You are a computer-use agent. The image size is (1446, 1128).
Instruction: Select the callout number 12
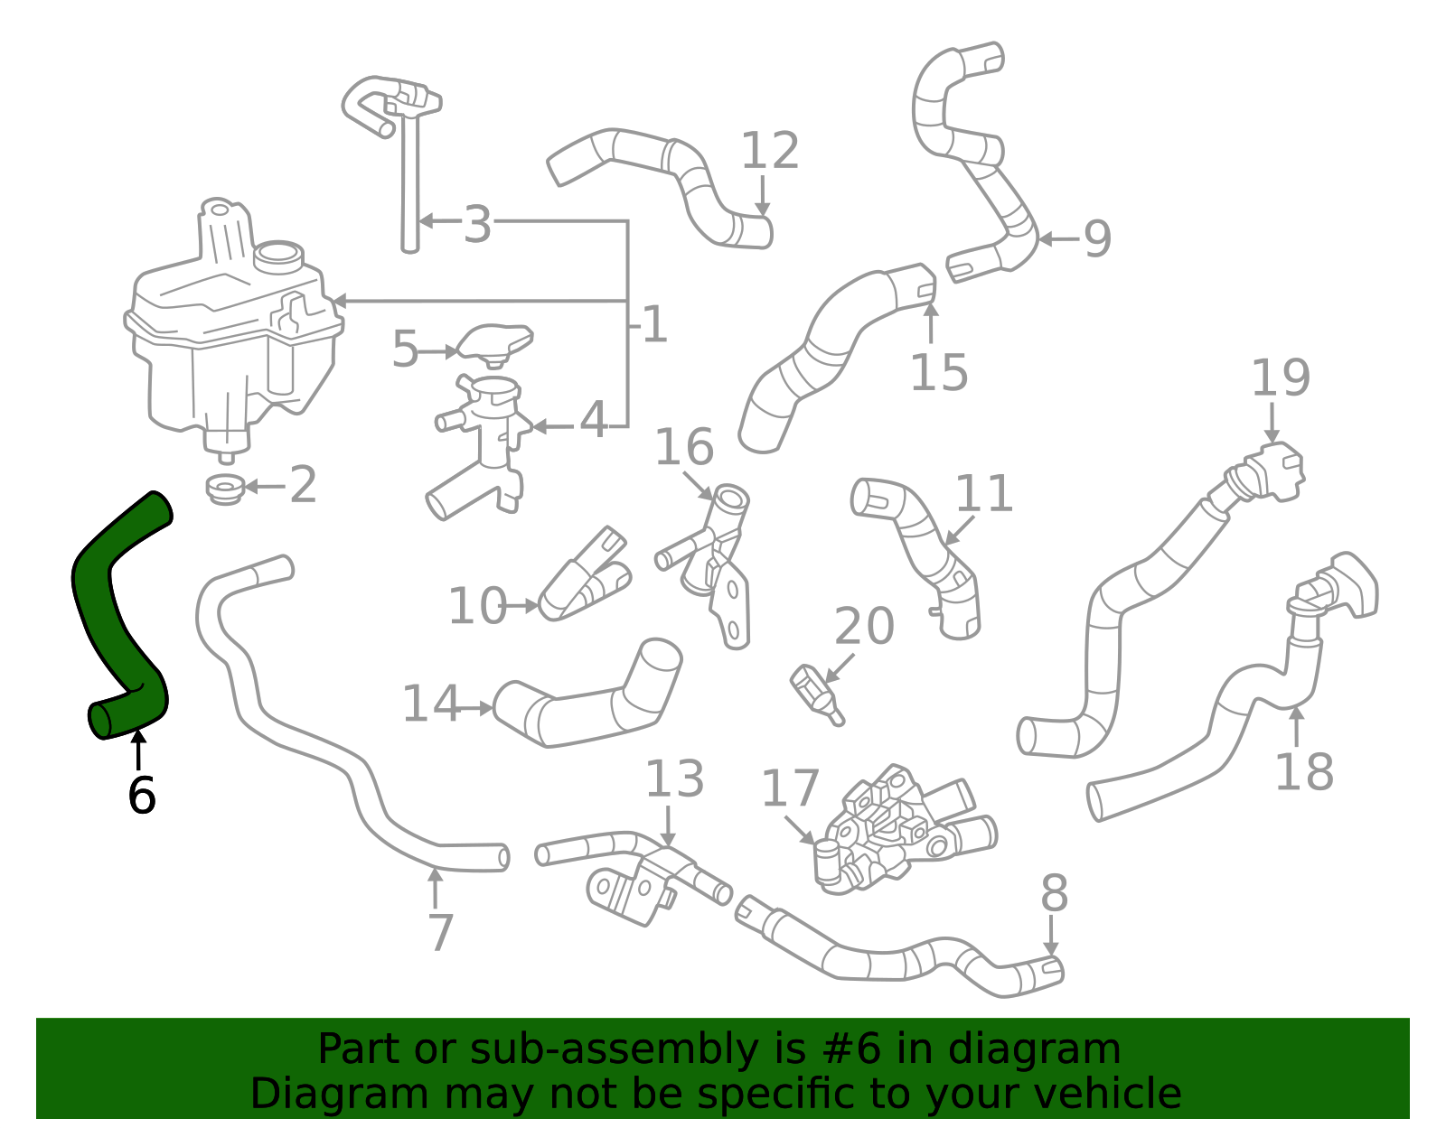click(769, 150)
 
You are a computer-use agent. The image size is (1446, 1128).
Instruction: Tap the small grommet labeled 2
click(225, 489)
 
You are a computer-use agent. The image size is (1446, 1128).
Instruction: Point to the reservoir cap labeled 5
click(496, 344)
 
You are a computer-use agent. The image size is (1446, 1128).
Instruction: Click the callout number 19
click(1281, 378)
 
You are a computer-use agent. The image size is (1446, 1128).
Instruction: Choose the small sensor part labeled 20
click(817, 695)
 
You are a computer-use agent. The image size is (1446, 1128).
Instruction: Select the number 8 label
click(1054, 893)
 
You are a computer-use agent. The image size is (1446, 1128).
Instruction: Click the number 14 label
click(431, 704)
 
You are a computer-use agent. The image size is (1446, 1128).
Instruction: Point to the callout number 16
click(684, 447)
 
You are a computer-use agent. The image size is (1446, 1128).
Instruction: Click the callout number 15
click(938, 372)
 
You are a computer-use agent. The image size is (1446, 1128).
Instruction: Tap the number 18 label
click(1303, 771)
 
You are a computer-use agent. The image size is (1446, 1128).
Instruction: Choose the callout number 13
click(674, 778)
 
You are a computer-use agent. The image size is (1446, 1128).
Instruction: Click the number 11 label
click(983, 493)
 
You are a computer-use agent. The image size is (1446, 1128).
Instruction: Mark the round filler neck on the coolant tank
click(279, 256)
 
